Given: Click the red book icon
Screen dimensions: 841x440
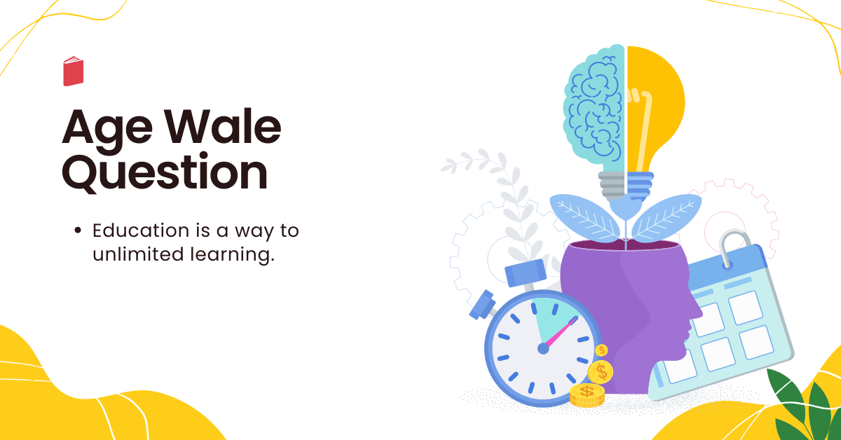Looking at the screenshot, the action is pyautogui.click(x=73, y=71).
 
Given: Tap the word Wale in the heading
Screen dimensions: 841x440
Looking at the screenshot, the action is pyautogui.click(x=224, y=126).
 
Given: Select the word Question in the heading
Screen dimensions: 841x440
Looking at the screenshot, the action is pyautogui.click(x=165, y=172).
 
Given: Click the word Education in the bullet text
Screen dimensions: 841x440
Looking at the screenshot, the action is pyautogui.click(x=141, y=230).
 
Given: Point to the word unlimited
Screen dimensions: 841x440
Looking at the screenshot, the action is pyautogui.click(x=138, y=254).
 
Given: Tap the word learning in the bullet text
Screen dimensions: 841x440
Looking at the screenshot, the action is pyautogui.click(x=233, y=255).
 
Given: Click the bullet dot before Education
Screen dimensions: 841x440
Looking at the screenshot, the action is pyautogui.click(x=78, y=230).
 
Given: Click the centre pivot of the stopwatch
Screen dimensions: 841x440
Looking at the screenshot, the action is pyautogui.click(x=543, y=349).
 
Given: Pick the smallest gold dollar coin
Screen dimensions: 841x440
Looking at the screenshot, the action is pyautogui.click(x=601, y=350).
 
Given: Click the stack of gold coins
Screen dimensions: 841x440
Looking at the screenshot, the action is pyautogui.click(x=587, y=395).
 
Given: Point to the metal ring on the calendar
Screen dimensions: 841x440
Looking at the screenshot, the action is pyautogui.click(x=732, y=248).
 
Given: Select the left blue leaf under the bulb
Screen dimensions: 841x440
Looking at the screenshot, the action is pyautogui.click(x=584, y=217).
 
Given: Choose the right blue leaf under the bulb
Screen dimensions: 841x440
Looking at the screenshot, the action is pyautogui.click(x=666, y=217).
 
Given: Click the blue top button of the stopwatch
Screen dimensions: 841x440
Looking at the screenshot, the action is pyautogui.click(x=525, y=272).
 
